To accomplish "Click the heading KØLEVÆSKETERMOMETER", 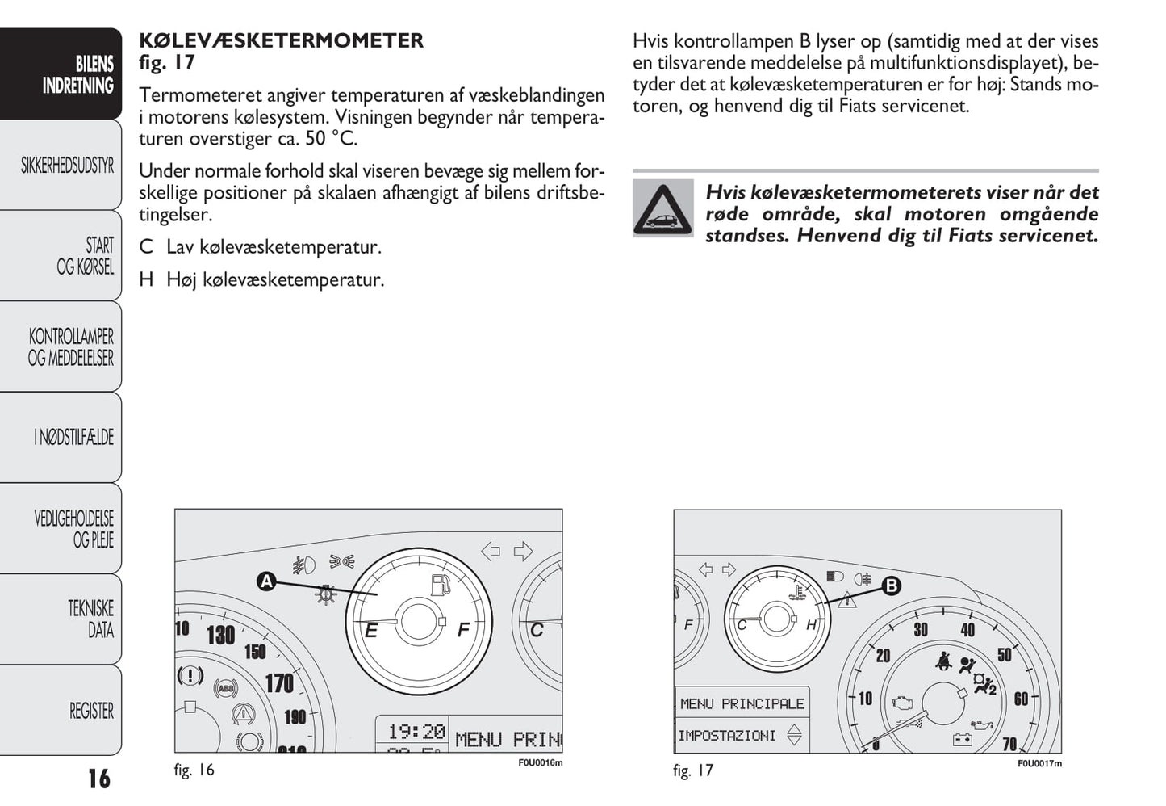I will click(281, 40).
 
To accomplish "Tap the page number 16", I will click(98, 779).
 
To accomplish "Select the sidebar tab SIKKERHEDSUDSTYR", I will click(67, 166).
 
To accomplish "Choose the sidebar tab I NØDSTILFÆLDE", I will click(73, 438).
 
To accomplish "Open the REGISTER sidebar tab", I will click(90, 711).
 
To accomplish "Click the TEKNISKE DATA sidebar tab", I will click(90, 619).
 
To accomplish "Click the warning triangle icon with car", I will click(662, 208).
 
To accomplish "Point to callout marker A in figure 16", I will click(265, 581).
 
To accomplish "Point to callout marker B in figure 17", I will click(891, 586).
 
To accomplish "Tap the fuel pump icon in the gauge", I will click(440, 585).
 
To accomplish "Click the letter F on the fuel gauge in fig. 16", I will click(463, 630).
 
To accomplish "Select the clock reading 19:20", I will click(416, 732).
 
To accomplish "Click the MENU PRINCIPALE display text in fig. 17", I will click(742, 703).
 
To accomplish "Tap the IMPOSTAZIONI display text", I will click(727, 736).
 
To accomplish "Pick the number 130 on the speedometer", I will click(220, 636).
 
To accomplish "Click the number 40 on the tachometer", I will click(967, 630).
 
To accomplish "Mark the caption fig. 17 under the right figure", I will click(693, 770).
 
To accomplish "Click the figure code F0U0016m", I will click(540, 762).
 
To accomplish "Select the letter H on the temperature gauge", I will click(811, 624).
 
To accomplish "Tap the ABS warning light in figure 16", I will click(225, 688).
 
